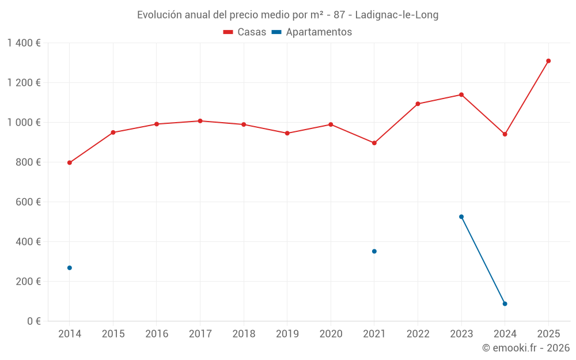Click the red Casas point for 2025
pos(548,61)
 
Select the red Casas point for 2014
pos(70,162)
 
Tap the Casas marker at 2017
pos(200,121)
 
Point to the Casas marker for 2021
pos(374,143)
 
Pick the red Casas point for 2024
pos(505,134)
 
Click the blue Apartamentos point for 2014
pos(70,268)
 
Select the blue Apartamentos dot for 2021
pos(374,251)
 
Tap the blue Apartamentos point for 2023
pos(461,217)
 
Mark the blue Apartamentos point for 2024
pos(505,304)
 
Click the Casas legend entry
pos(245,32)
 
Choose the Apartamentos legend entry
pos(312,32)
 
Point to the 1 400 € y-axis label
pos(24,43)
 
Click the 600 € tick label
pos(28,202)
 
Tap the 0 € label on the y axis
pos(34,321)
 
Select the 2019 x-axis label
pos(287,334)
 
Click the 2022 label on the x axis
pos(418,334)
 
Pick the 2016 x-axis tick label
pos(156,334)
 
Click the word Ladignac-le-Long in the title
pos(397,15)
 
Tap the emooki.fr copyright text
pos(526,348)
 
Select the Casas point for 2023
pos(461,94)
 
